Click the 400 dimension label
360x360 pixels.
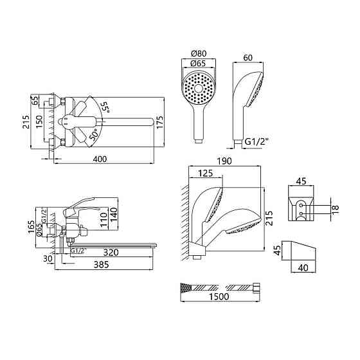click(100, 159)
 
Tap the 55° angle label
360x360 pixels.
click(106, 107)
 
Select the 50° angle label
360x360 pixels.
click(94, 134)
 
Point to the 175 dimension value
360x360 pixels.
click(160, 122)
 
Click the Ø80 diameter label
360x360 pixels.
click(199, 54)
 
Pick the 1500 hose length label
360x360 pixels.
click(219, 296)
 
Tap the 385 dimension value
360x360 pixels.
click(102, 265)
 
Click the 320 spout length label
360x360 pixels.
click(111, 252)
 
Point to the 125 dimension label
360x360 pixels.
click(205, 173)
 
